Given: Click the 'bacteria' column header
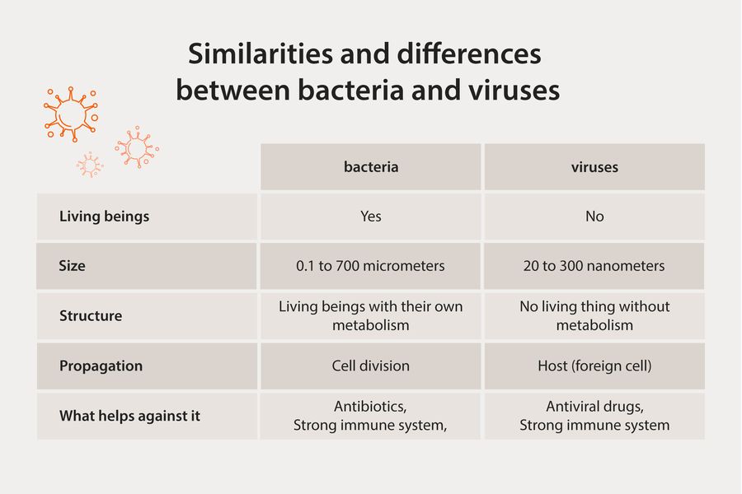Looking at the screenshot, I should point(371,167).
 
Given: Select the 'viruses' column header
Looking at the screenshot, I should point(594,167).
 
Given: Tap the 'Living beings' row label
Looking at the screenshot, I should point(104,217).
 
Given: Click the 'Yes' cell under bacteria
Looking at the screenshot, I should point(371,217).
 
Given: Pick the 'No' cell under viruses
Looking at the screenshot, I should point(594,217).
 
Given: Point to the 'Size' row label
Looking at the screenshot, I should point(73,266).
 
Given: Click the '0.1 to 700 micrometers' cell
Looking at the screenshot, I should point(371,266).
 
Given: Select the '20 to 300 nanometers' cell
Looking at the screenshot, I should point(594,266).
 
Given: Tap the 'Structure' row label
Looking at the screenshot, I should point(91,316).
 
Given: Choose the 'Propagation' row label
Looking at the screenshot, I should point(101,366).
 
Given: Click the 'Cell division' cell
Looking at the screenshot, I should point(371,366).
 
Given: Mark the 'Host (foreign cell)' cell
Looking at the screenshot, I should point(594,366).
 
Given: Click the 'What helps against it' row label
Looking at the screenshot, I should point(129,416).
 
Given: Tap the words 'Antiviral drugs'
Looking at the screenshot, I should point(594,407).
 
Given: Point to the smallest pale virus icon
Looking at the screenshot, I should point(89,165).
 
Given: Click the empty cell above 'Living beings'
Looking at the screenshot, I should point(148,167).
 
